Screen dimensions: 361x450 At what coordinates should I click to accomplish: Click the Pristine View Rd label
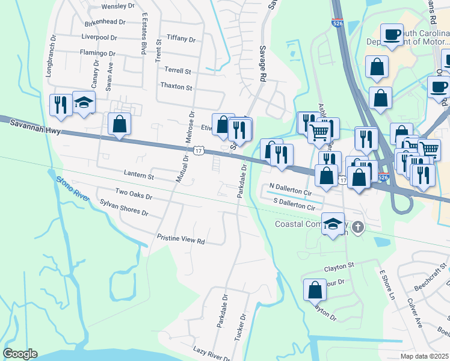coord(181,239)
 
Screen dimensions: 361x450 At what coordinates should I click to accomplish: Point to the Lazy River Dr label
coord(208,351)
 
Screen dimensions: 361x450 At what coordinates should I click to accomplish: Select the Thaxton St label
coord(176,87)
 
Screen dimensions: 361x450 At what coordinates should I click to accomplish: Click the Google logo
coord(20,354)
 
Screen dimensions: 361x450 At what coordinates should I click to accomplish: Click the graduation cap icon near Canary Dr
coord(84,102)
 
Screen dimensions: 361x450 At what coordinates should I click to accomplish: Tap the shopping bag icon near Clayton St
coord(315,290)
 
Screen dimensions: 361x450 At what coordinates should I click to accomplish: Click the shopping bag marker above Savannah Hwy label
coord(120,124)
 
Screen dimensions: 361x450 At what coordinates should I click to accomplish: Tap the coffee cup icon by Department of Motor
coord(392,34)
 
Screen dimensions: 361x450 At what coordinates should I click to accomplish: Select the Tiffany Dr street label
coord(181,39)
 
